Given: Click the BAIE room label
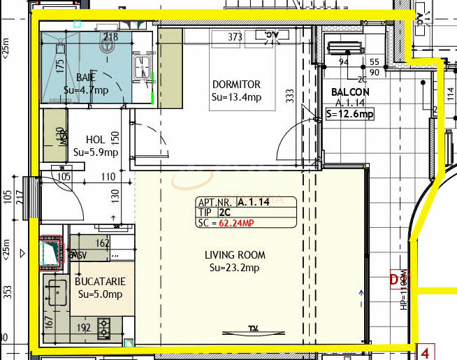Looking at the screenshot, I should coord(86,77).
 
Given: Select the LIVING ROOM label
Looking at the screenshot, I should coord(233,255).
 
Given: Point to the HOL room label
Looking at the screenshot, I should coord(95,139).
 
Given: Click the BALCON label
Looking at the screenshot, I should coord(350,92).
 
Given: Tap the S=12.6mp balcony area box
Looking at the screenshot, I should coord(349,115).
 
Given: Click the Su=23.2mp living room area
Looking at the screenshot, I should coord(234,268).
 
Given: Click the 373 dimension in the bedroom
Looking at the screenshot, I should coord(235,37).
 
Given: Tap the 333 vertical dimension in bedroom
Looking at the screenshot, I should coord(289,96).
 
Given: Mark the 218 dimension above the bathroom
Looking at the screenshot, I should coord(110,37).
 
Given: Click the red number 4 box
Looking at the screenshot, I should coord(425,352).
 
